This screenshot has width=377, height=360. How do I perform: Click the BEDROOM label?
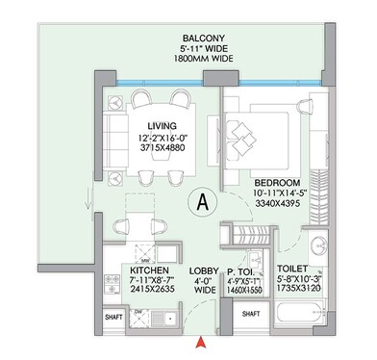[x=277, y=182]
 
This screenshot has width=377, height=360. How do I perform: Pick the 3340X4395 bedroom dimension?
[x=277, y=205]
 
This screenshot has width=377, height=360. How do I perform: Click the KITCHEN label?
[x=148, y=272]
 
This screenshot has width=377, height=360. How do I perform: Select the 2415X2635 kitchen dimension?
[x=148, y=296]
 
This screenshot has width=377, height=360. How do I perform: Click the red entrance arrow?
[x=200, y=340]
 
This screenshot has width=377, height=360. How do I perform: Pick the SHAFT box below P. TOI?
[x=251, y=315]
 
